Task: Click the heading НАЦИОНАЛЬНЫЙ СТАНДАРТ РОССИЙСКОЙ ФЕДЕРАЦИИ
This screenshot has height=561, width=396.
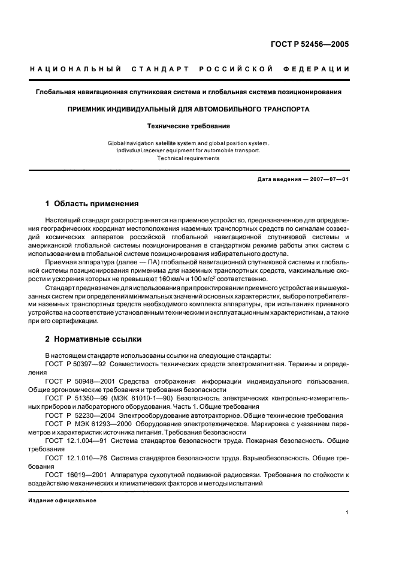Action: tap(189, 70)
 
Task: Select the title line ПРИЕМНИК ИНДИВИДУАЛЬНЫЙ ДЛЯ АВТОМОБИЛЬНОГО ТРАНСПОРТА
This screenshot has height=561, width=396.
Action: tap(189, 110)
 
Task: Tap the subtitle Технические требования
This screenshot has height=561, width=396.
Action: tap(189, 126)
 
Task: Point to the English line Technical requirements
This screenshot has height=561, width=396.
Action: tap(189, 158)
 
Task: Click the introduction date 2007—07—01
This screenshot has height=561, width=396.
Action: tap(328, 180)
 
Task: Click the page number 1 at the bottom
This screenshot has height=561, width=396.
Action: tap(347, 512)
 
